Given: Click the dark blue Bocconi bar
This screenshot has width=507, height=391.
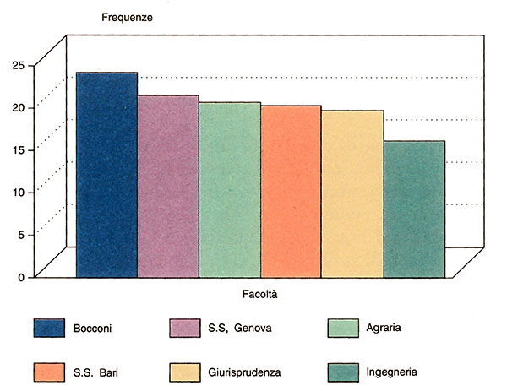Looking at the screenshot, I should coord(106,174).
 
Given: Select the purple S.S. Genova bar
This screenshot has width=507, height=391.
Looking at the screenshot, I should coord(168,186).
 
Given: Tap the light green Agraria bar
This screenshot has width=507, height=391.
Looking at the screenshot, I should coord(230,189).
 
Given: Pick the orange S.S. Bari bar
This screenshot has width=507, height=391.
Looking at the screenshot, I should coord(291,191).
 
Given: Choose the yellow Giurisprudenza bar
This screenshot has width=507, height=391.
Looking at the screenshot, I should coord(352,193).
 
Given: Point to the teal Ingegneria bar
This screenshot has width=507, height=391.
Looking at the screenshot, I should coord(414,209).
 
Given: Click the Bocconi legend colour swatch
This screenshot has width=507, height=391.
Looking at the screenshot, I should coord(49,328).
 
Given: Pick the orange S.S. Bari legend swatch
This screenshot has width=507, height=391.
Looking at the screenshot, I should coord(49,372).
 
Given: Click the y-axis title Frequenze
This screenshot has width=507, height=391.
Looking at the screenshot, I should coord(126,19).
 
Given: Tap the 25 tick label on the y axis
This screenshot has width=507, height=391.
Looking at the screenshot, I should coord(18,65).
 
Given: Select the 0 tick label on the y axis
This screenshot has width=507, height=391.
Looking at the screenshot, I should coord(21,277).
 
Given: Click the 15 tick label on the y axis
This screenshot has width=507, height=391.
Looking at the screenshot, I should coord(18,149).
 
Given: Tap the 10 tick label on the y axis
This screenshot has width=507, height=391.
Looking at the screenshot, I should coord(18,192).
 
